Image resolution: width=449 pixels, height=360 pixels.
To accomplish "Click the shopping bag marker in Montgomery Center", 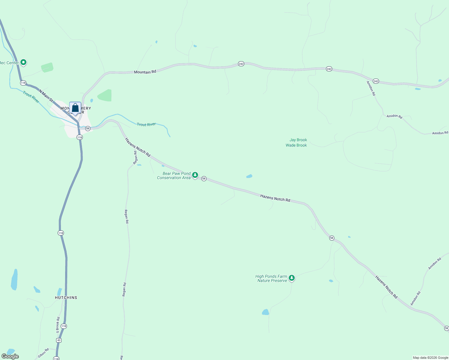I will (75, 108).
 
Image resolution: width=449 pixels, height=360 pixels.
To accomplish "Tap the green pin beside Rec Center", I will (23, 62).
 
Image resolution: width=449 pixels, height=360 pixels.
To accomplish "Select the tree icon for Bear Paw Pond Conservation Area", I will (195, 175).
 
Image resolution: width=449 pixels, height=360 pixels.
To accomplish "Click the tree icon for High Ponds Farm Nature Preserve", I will (291, 278).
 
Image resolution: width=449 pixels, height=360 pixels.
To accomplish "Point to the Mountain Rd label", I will (145, 72).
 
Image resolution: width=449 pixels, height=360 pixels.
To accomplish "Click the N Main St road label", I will (46, 95).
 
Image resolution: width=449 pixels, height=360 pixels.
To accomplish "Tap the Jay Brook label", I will (298, 140).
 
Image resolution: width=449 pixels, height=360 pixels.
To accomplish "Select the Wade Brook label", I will (296, 145).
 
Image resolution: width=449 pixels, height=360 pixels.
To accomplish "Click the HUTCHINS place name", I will (66, 298).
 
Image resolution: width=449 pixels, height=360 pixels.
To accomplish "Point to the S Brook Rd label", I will (58, 325).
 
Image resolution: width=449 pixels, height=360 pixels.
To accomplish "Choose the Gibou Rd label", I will (43, 353).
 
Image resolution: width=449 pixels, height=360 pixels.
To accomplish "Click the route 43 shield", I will (59, 340).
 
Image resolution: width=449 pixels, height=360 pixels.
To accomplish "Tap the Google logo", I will (10, 356).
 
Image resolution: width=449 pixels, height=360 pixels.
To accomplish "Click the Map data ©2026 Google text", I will (430, 358).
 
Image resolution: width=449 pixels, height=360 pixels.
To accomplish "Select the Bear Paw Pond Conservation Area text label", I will (174, 175).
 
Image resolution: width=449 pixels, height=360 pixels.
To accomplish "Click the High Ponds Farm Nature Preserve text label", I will (271, 278).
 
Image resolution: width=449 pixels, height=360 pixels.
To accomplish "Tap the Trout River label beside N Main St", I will (31, 97).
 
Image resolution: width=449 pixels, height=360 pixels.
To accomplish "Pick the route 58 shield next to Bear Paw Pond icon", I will (204, 178).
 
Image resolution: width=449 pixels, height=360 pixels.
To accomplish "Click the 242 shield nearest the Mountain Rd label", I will (241, 64).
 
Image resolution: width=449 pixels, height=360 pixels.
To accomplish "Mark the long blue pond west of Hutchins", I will (14, 280).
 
